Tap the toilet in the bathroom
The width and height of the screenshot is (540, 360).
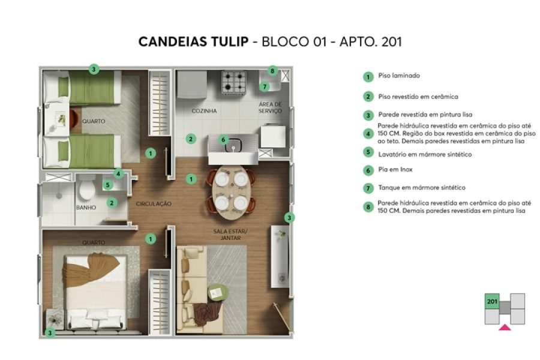pyautogui.click(x=86, y=190)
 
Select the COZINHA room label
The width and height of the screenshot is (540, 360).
pyautogui.click(x=204, y=111)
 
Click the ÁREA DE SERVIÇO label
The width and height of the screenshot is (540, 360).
pyautogui.click(x=270, y=108)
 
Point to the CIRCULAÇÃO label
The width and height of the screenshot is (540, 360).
pyautogui.click(x=153, y=204)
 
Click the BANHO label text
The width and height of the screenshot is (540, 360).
pyautogui.click(x=86, y=208)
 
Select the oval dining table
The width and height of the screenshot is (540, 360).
pyautogui.click(x=230, y=190)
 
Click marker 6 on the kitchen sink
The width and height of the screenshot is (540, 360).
pyautogui.click(x=223, y=139)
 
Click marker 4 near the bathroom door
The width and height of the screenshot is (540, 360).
pyautogui.click(x=119, y=173)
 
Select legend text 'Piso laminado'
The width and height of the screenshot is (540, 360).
pyautogui.click(x=399, y=76)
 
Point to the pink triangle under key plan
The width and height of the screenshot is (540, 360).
pyautogui.click(x=505, y=326)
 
